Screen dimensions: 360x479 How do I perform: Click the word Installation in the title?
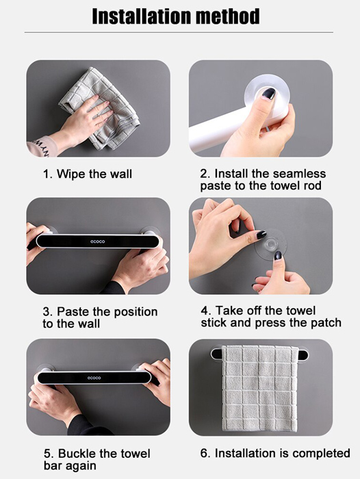[141, 16]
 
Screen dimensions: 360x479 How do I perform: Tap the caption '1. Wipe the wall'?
[88, 174]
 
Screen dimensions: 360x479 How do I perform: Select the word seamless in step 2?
[299, 174]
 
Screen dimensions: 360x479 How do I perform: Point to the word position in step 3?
[136, 312]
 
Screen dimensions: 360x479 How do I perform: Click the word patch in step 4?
[326, 323]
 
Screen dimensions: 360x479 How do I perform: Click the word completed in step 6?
[320, 453]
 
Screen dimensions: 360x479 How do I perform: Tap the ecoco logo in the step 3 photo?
[97, 242]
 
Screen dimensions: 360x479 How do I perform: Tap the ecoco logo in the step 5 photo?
[94, 378]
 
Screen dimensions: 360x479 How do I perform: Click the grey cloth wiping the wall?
[101, 108]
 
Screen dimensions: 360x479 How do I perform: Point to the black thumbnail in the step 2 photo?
[269, 94]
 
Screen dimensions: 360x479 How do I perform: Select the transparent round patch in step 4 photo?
[271, 244]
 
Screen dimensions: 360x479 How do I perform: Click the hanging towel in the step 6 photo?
[260, 389]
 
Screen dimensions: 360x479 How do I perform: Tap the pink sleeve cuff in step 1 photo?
[41, 147]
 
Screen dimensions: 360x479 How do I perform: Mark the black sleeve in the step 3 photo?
[114, 288]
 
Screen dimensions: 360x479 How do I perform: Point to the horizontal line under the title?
[179, 32]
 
